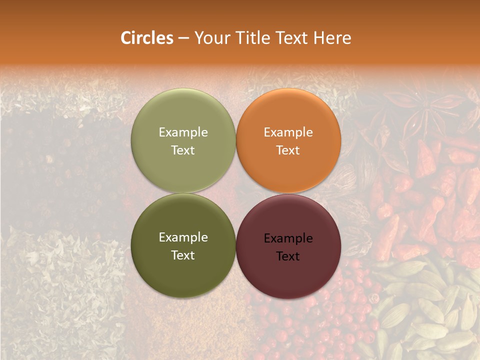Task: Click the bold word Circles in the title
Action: (146, 38)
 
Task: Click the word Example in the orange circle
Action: (288, 132)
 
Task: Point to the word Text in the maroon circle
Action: (288, 256)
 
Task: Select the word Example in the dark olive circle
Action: (183, 237)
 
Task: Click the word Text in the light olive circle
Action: (183, 150)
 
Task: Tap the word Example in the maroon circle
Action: (288, 238)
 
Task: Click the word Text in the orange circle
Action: (288, 150)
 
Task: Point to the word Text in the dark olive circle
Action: (183, 255)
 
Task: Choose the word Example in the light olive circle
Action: (183, 132)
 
